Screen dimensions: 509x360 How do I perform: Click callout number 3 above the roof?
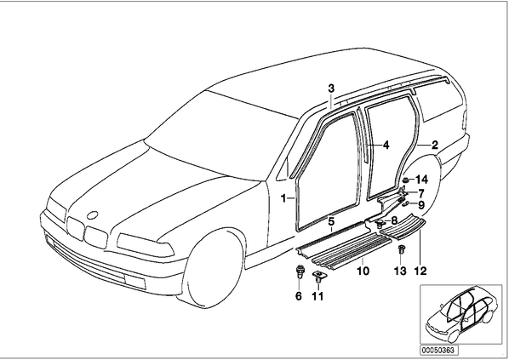(331, 88)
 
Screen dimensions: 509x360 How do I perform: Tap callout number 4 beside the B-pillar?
(386, 145)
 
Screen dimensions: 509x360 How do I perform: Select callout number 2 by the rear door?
(435, 145)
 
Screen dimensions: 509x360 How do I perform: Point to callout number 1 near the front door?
(283, 198)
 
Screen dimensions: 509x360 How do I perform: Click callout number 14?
(422, 180)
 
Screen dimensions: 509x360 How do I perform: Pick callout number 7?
(421, 194)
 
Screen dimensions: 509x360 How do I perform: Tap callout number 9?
(421, 205)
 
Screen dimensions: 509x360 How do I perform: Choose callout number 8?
(394, 220)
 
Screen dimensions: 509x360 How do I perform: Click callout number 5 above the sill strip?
(331, 222)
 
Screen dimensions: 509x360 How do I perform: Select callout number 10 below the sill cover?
(363, 271)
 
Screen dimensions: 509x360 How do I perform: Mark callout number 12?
(420, 271)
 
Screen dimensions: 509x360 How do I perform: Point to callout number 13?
(400, 271)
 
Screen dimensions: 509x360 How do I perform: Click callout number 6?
(298, 295)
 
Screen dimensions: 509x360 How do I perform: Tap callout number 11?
(317, 295)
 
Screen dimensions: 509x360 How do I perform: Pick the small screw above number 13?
(401, 250)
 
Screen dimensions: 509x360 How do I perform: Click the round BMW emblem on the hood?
(93, 215)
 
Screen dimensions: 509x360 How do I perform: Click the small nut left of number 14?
(406, 180)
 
